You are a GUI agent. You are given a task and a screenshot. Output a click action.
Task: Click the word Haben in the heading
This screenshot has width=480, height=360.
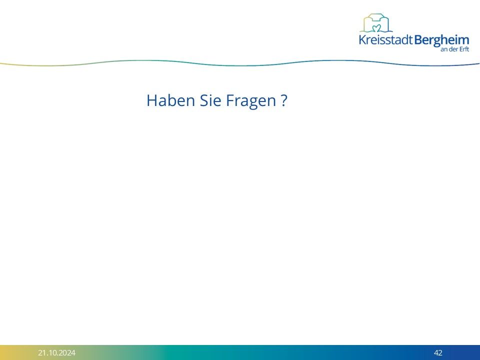point(171,100)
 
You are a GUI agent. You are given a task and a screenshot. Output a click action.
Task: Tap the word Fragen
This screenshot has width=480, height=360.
point(251,101)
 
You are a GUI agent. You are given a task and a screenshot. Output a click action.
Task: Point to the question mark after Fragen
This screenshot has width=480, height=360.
point(284,100)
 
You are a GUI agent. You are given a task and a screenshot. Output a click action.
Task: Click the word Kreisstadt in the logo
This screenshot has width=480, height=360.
point(386,40)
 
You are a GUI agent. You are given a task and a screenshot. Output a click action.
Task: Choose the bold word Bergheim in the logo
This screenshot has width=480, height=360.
point(441,41)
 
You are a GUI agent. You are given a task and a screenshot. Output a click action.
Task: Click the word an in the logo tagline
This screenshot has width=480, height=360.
point(444,50)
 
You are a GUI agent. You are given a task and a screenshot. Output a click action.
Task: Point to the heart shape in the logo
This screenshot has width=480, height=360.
point(376,28)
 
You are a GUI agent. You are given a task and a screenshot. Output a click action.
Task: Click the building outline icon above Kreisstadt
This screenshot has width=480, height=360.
point(376,22)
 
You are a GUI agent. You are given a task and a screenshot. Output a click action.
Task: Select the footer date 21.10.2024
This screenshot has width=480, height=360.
point(56,352)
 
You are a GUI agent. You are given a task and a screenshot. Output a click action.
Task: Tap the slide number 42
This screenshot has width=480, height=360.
point(438,352)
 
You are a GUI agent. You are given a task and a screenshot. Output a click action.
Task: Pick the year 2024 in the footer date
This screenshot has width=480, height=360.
point(67,352)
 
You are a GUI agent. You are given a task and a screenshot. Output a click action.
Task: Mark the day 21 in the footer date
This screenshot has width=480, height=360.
point(42,352)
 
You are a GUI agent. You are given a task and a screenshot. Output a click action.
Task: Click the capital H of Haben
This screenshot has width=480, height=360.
point(151,100)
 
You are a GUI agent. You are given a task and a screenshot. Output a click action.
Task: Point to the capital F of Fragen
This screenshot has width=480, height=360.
point(230,100)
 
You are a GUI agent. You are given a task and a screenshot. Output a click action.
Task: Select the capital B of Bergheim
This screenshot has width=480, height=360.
point(418,40)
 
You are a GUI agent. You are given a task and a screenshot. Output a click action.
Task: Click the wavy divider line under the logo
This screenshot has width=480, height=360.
point(240,65)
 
